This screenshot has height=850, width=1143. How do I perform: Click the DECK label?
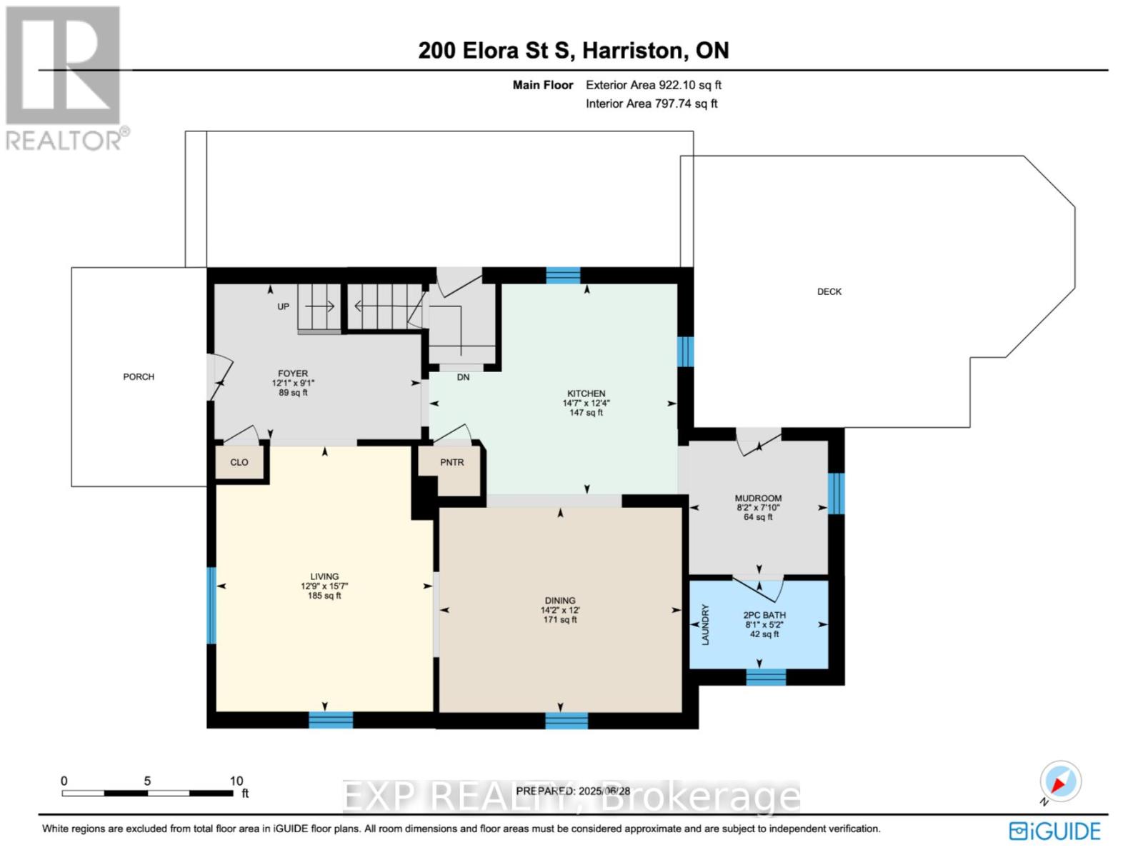829,291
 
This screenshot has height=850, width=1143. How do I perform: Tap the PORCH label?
138,377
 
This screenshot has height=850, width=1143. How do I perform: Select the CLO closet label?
239,462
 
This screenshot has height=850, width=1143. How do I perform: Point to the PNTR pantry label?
451,462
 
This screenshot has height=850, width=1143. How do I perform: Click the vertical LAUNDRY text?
706,625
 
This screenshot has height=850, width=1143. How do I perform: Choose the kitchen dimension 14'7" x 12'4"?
586,403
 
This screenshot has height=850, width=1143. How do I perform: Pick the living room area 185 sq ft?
324,596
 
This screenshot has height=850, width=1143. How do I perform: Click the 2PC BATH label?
764,615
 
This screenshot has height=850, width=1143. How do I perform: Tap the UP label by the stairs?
283,306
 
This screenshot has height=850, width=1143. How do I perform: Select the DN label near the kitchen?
463,377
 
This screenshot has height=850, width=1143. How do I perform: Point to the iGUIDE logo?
1054,831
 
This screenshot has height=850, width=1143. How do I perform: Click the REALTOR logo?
66,78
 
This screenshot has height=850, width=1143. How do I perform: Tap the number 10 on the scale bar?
236,781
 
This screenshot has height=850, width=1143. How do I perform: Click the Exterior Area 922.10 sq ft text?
654,85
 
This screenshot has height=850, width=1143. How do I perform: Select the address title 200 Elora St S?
495,51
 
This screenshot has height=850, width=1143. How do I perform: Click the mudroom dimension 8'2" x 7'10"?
758,507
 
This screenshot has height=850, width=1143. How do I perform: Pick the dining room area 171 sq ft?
560,619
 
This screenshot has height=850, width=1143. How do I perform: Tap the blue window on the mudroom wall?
836,494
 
